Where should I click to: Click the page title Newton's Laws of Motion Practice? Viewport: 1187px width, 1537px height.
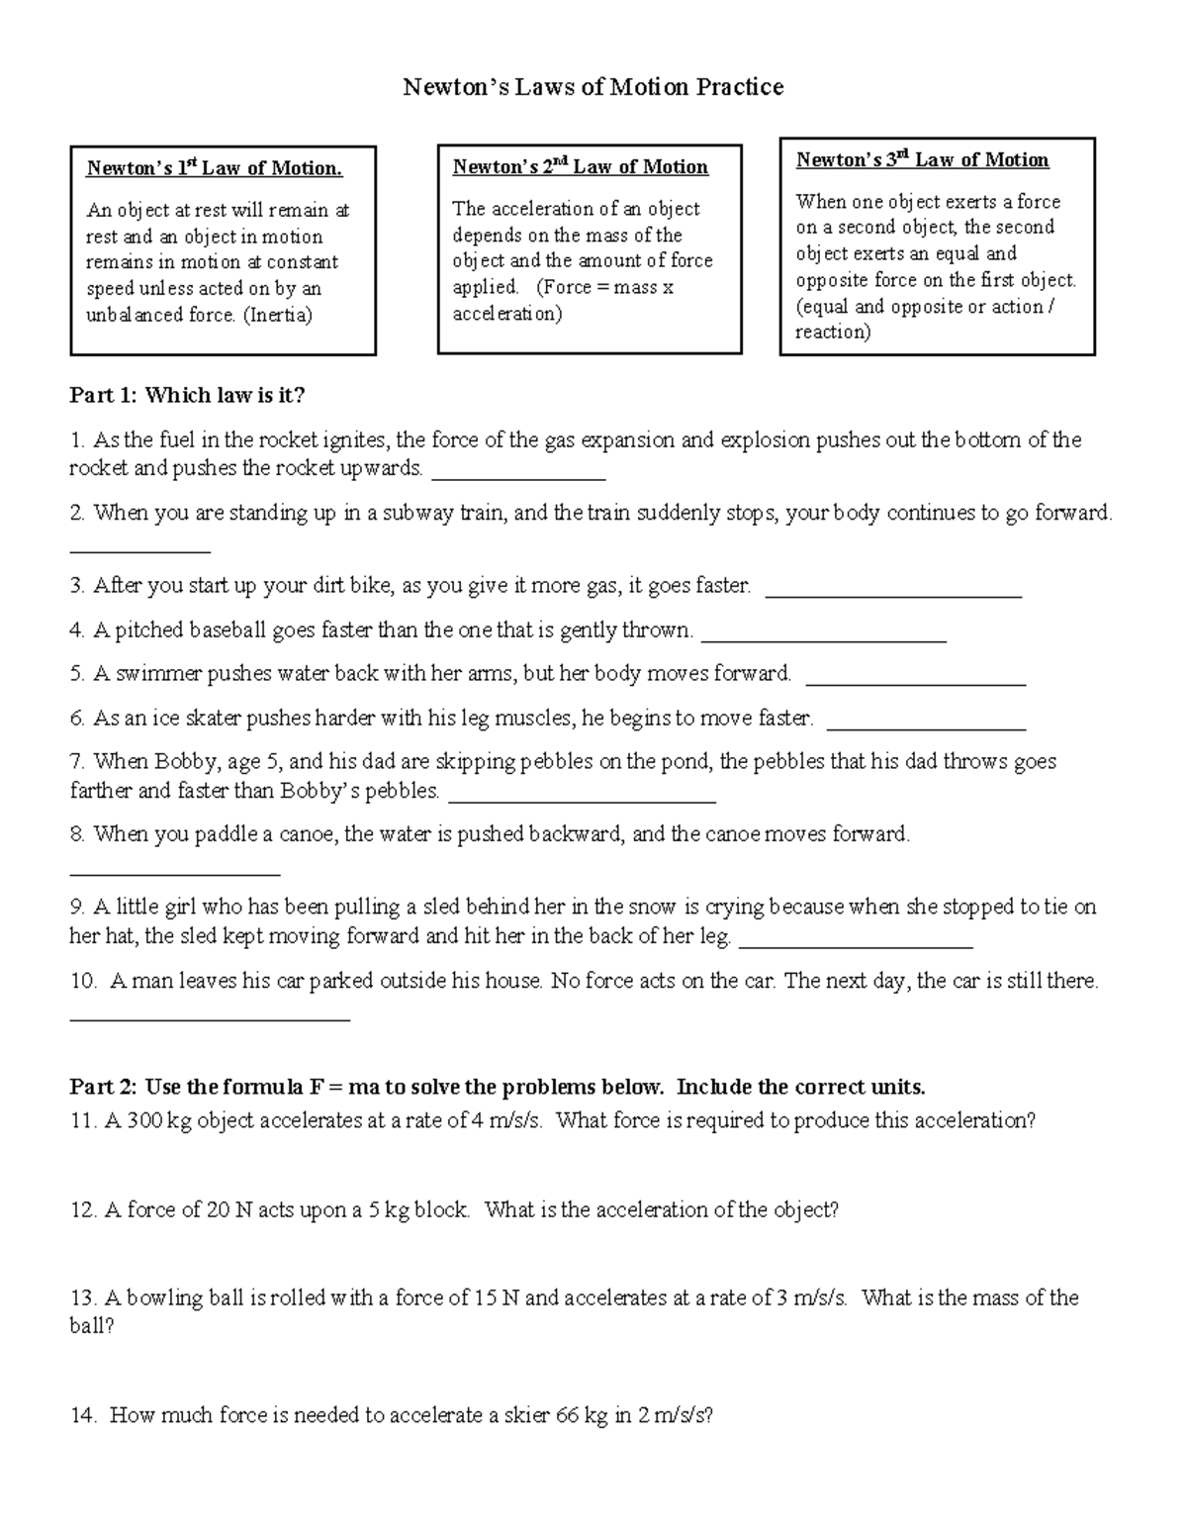pos(593,87)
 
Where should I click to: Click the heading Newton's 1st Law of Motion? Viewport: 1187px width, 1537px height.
pos(214,168)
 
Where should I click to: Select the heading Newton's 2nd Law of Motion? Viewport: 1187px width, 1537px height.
pos(580,166)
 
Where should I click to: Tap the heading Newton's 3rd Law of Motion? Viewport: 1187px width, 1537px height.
pos(922,159)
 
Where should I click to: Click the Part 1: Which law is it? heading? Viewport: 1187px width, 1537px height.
pos(187,396)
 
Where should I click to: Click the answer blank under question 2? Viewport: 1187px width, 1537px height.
pos(139,550)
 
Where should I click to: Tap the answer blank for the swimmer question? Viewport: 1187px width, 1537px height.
pos(916,683)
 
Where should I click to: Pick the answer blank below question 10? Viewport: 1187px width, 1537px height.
pos(210,1017)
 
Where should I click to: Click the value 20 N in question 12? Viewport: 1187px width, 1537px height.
pos(230,1209)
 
